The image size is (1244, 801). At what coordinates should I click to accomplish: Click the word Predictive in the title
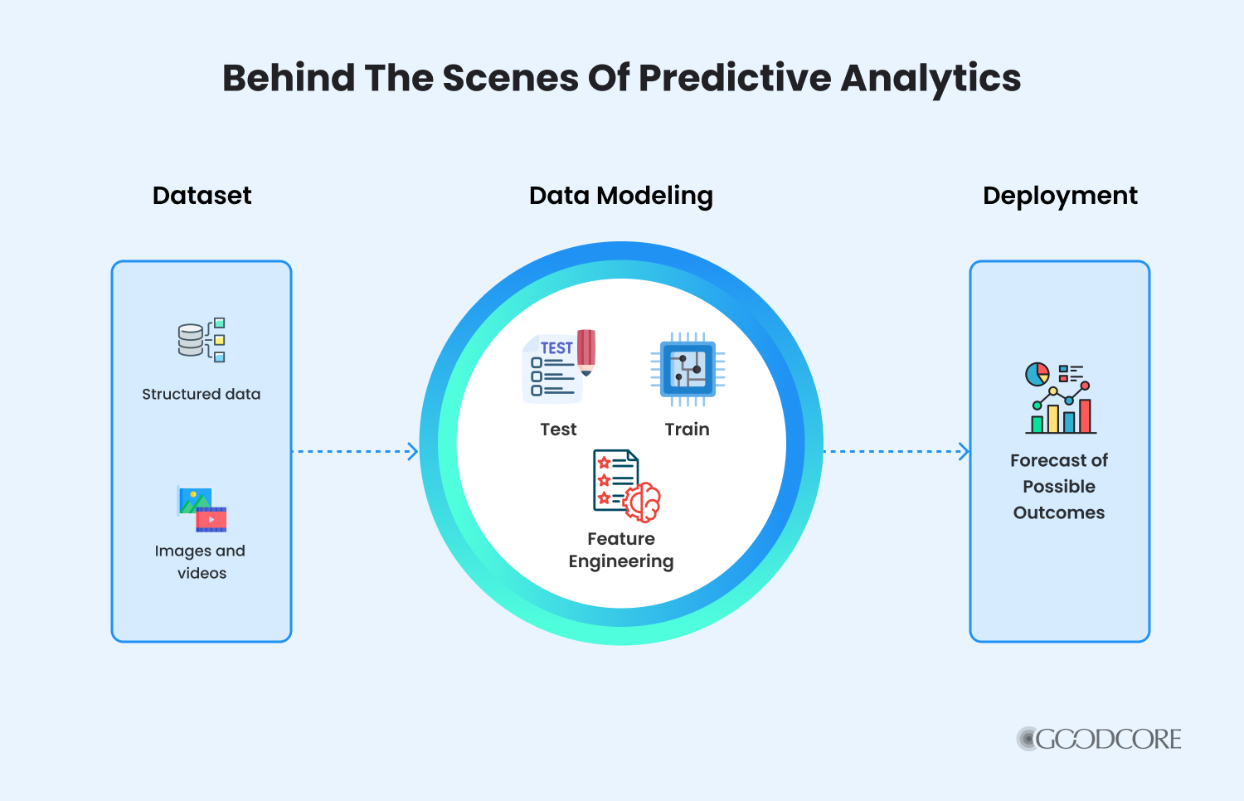(x=735, y=78)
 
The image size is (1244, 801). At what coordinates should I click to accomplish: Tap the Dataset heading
(x=202, y=196)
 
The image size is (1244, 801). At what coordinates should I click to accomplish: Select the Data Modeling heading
(x=621, y=197)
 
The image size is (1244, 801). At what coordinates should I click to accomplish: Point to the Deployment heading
(x=1060, y=197)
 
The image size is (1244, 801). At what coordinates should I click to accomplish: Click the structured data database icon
(x=202, y=340)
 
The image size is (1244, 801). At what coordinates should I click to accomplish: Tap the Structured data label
(x=201, y=394)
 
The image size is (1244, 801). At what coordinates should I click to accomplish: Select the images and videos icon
(x=202, y=508)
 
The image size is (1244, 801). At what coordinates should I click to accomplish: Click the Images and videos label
(x=201, y=561)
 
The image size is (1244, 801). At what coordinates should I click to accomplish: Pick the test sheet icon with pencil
(x=559, y=367)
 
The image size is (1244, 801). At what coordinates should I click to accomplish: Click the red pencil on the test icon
(x=586, y=352)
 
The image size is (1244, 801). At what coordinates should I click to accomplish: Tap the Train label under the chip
(x=687, y=429)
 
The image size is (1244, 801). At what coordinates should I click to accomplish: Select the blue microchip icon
(x=688, y=369)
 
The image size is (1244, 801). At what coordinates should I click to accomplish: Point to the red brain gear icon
(x=642, y=502)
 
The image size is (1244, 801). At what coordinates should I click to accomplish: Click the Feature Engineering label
(x=621, y=550)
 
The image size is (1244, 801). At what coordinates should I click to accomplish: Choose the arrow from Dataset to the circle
(x=355, y=451)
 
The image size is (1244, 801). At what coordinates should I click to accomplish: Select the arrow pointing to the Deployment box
(x=897, y=451)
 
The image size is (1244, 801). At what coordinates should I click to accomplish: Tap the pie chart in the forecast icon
(x=1037, y=374)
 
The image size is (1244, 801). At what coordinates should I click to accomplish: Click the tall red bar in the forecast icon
(x=1085, y=415)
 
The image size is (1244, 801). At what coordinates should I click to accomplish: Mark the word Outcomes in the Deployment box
(x=1059, y=512)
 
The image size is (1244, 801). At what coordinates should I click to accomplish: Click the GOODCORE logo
(x=1099, y=739)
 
